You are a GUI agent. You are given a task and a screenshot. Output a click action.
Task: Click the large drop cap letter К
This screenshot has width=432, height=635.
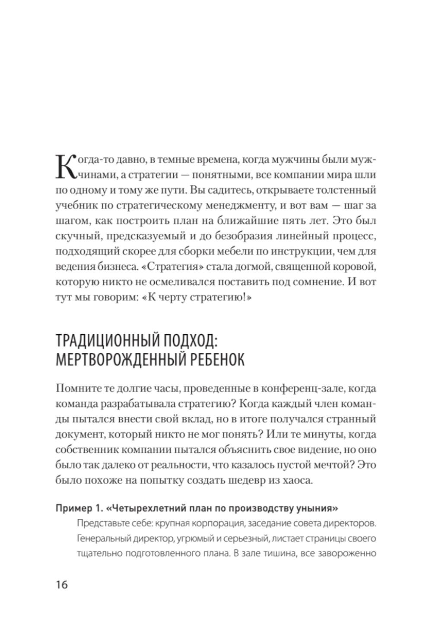coord(66,166)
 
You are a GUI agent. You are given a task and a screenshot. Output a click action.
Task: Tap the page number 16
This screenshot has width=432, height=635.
coord(62,585)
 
